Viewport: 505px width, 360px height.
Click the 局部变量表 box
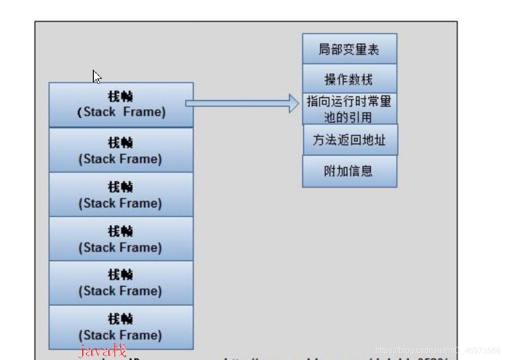click(349, 49)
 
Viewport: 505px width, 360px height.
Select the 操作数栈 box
click(349, 79)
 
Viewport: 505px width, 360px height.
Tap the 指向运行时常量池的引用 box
click(349, 109)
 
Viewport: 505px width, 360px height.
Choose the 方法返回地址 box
click(350, 140)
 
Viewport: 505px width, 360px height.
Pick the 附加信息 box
click(349, 171)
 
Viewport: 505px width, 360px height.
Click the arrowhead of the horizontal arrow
click(294, 103)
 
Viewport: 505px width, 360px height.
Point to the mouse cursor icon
click(97, 77)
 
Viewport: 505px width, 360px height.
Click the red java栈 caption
click(102, 350)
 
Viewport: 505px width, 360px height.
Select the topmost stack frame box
click(121, 104)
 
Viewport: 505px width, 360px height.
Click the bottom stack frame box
click(121, 327)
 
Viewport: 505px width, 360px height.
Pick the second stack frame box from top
click(121, 150)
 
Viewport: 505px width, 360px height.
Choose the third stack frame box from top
click(121, 195)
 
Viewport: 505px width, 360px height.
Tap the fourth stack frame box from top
click(121, 238)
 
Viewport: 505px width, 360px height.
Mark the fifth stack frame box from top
click(121, 283)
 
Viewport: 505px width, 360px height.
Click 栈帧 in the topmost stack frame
click(120, 96)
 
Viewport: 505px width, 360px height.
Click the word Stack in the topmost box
click(100, 112)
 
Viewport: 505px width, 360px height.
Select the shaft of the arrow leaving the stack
click(236, 103)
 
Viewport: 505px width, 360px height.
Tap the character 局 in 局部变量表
click(324, 49)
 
